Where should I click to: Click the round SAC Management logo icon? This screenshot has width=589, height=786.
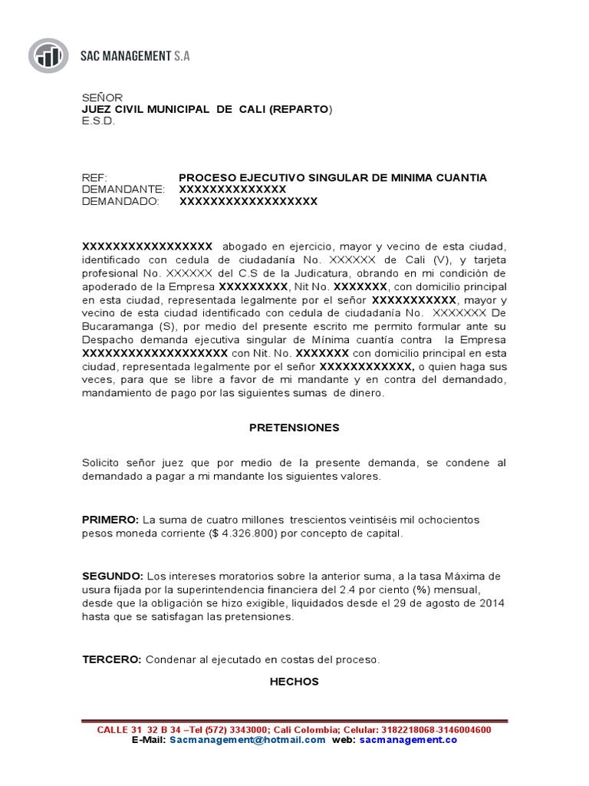(x=50, y=56)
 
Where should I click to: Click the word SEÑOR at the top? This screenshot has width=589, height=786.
(x=102, y=97)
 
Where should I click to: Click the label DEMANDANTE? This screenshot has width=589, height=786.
(x=123, y=190)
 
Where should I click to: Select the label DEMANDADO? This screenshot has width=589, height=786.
(x=120, y=202)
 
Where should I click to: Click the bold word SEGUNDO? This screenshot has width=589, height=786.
(x=113, y=576)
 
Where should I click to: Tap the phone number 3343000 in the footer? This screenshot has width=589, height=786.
(x=247, y=729)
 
